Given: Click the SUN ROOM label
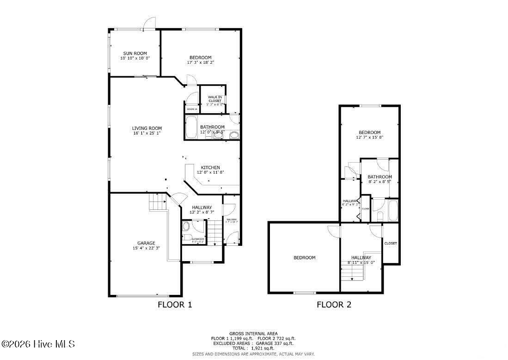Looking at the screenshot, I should coord(135,53).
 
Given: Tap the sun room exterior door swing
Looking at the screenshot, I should coord(148,23).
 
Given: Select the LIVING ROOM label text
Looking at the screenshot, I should coord(147,128).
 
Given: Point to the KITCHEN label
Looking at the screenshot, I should coord(210,167).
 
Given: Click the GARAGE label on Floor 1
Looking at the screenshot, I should coord(146,243).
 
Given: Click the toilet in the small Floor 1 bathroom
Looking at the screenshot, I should coord(186,226).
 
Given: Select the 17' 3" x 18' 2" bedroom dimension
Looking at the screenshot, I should coord(200,62).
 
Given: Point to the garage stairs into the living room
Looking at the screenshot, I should coord(158,202).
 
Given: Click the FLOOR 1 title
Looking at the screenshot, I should coord(175,305).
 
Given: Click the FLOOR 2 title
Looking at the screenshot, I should coord(334,305).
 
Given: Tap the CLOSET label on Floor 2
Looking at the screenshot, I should coord(391,243).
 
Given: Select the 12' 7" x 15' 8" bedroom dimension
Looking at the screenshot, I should coord(369,137).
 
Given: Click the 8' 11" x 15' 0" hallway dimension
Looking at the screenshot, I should coord(361,262).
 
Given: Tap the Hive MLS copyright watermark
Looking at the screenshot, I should coord(38,344).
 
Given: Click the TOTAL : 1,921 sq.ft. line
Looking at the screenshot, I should coord(253,348).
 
